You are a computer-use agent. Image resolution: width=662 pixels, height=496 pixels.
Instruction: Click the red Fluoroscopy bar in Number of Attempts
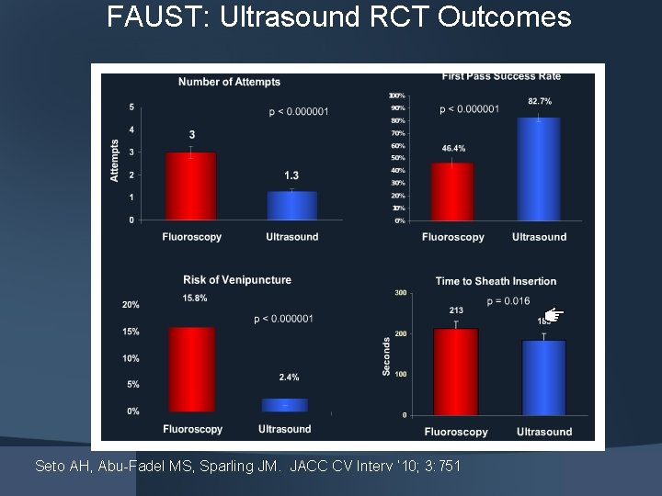tap(191, 186)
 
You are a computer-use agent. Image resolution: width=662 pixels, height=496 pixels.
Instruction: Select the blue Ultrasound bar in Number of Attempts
tap(291, 205)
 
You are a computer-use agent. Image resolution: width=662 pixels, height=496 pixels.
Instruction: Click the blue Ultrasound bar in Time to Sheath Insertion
tap(543, 377)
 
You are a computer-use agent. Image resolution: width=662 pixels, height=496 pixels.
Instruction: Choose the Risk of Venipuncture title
tap(237, 279)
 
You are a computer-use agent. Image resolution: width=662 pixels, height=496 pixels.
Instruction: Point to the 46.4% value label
tap(453, 148)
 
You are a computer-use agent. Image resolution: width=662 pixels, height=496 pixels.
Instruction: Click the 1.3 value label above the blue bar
tap(291, 175)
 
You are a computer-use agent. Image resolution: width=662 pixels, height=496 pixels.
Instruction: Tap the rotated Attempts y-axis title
tap(115, 160)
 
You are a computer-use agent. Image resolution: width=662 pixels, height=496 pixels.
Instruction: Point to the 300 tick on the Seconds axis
tap(401, 292)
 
